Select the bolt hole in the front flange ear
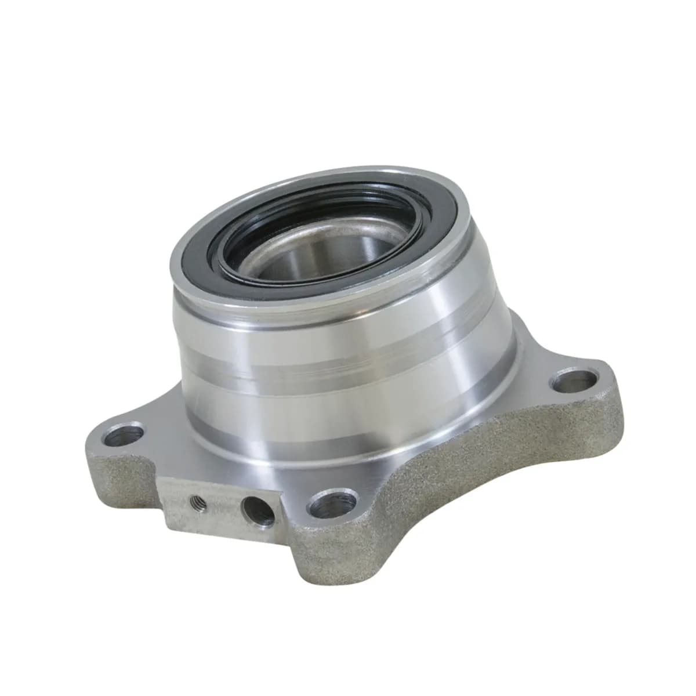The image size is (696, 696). [335, 505]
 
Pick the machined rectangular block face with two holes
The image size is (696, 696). [220, 505]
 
